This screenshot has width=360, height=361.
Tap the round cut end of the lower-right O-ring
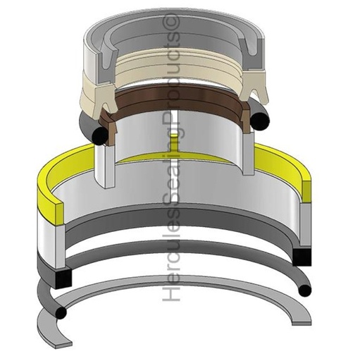point(304,290)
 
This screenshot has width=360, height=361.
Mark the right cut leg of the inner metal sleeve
point(248,152)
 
